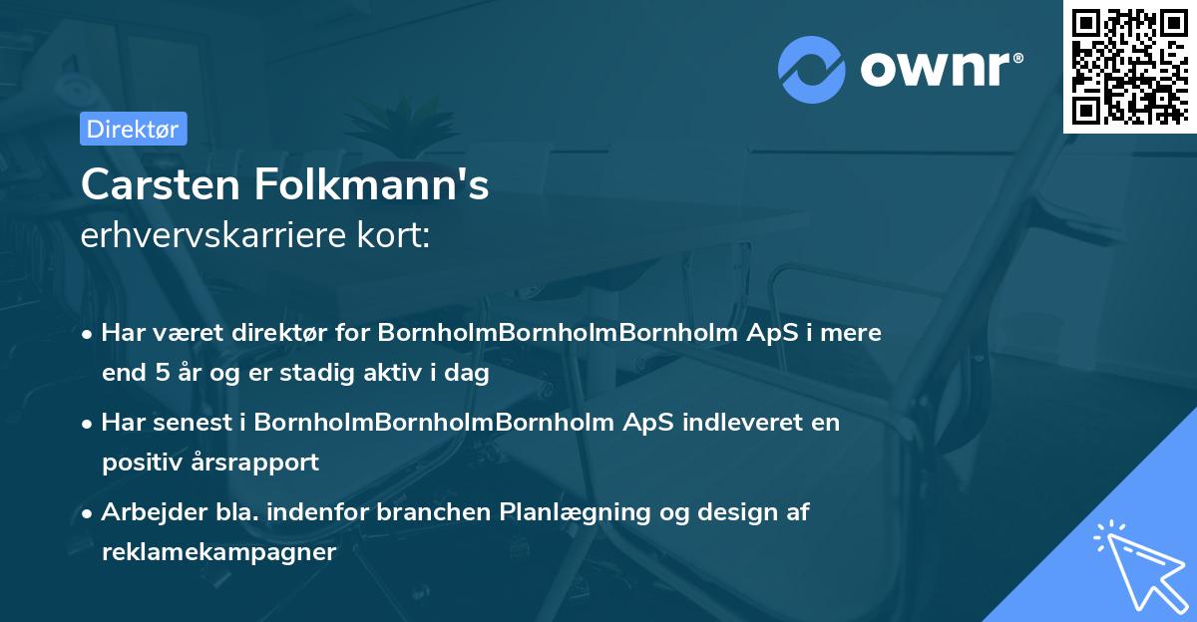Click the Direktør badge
(x=133, y=129)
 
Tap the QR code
(x=1130, y=67)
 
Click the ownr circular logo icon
(x=812, y=69)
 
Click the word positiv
(x=136, y=463)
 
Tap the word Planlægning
(x=572, y=512)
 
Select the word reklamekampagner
(x=218, y=552)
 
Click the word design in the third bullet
(x=740, y=512)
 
